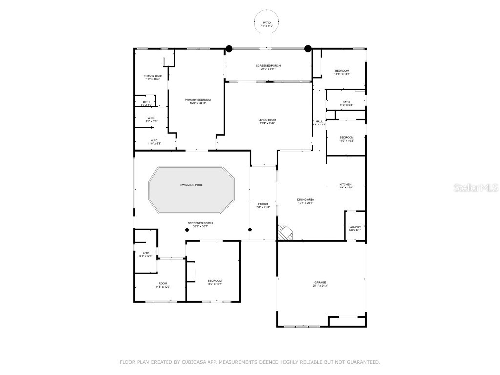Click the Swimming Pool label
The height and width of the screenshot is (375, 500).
[191, 185]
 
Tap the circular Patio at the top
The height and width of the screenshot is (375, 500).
[267, 24]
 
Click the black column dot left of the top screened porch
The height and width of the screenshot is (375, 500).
[229, 48]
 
